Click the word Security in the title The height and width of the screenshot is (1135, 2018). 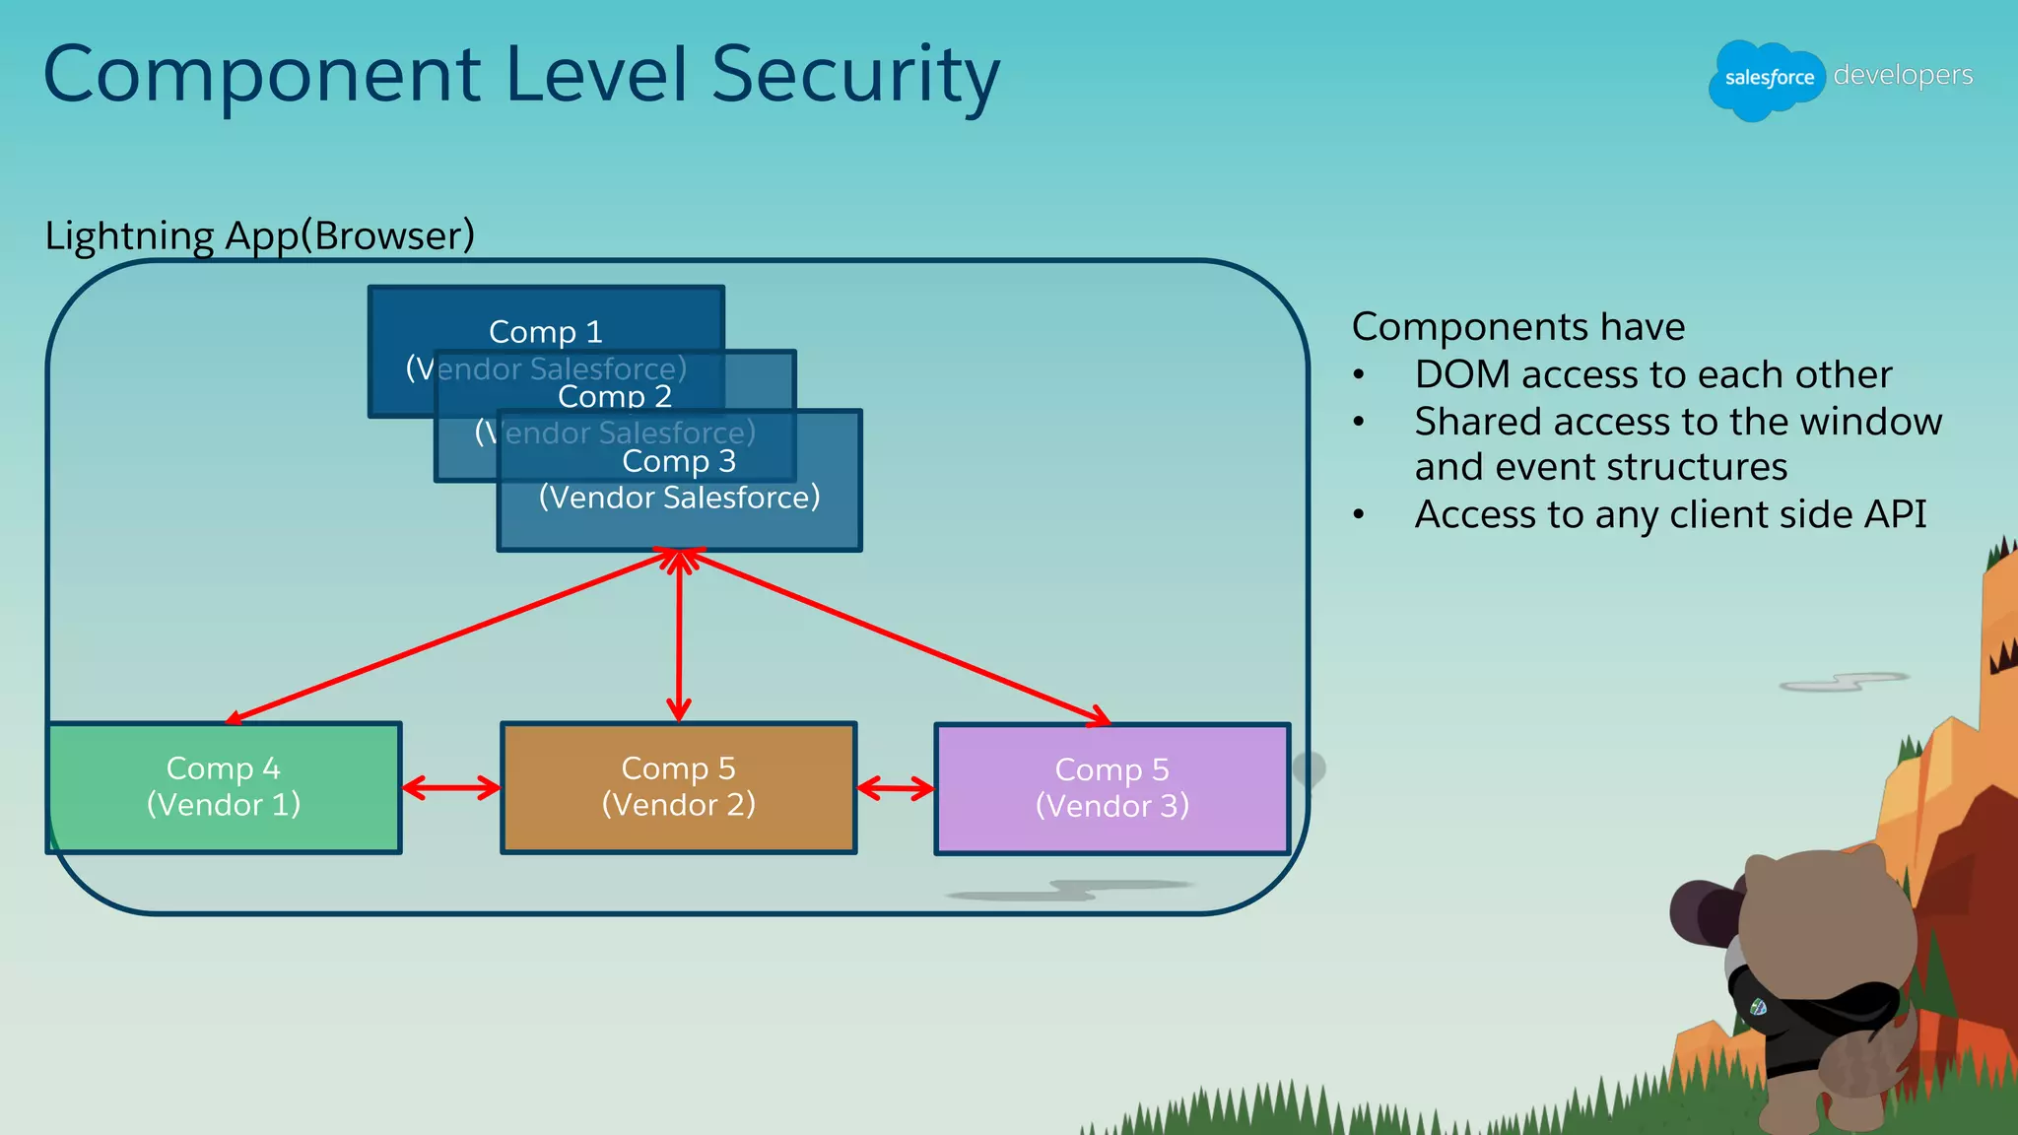(x=853, y=75)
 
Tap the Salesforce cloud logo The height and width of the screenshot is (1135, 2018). (x=1768, y=79)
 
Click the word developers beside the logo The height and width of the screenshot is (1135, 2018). (x=1903, y=75)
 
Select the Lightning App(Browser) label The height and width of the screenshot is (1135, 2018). (x=260, y=235)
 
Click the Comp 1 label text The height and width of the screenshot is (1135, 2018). (x=545, y=332)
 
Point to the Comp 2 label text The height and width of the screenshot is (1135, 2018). (x=614, y=396)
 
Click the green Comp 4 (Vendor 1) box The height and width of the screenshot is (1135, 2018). (x=224, y=787)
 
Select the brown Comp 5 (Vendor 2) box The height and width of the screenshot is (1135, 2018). (x=678, y=787)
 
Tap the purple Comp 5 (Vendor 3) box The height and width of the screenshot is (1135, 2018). (x=1111, y=788)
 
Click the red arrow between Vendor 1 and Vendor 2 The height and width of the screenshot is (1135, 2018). (x=451, y=787)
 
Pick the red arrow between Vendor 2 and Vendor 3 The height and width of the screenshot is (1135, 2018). (x=895, y=787)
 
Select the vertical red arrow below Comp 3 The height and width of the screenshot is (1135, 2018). (x=678, y=640)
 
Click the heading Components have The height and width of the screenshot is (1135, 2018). (x=1517, y=327)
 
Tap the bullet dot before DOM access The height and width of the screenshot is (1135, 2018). (x=1359, y=375)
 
